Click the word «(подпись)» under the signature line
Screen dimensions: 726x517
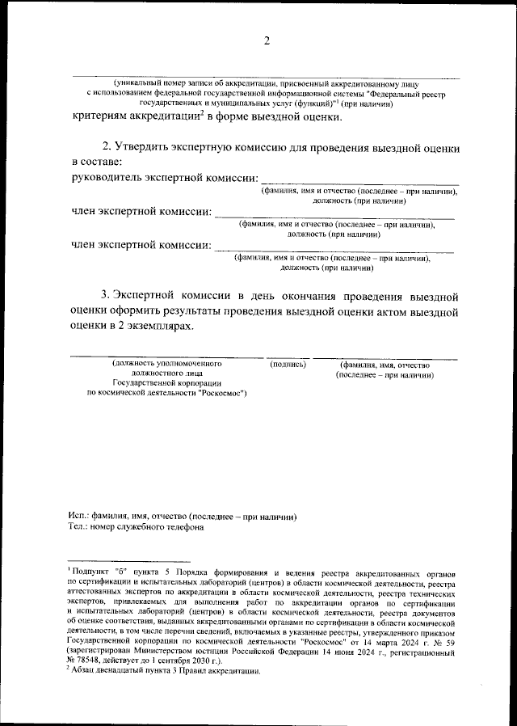tap(288, 365)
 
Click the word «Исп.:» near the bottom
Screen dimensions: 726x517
tap(79, 516)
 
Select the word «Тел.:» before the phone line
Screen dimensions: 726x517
tap(79, 527)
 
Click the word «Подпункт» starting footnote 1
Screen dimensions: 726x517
tap(89, 571)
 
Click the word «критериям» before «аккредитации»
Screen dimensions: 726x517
tap(102, 117)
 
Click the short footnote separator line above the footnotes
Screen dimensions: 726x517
tap(129, 561)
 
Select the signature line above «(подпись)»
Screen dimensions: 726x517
tap(288, 357)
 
